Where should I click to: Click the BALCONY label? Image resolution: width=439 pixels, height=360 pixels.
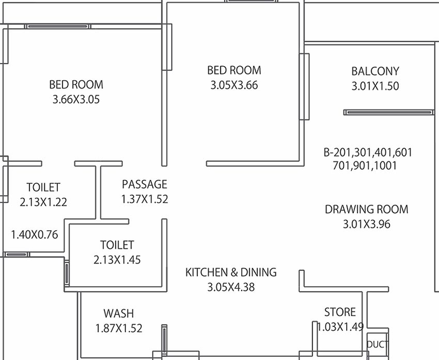(x=375, y=71)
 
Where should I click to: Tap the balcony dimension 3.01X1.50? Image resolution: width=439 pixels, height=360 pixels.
(x=375, y=86)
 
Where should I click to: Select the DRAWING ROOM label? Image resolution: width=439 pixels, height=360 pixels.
(x=366, y=209)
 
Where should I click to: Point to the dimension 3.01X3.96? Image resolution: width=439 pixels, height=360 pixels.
(x=366, y=225)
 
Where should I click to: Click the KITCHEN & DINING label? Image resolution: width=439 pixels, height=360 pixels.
(x=231, y=272)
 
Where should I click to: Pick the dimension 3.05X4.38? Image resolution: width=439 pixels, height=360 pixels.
(x=231, y=287)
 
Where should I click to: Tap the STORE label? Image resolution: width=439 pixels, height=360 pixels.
(x=340, y=312)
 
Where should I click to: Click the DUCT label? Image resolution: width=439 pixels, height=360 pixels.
(x=377, y=345)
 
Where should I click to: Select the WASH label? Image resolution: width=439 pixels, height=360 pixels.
(x=118, y=314)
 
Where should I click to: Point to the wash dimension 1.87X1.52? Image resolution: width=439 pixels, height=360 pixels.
(x=119, y=328)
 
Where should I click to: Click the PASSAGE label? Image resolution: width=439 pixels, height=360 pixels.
(x=144, y=184)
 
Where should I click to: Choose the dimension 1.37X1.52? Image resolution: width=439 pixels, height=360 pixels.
(x=144, y=199)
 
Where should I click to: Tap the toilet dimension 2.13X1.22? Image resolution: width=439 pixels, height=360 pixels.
(x=43, y=202)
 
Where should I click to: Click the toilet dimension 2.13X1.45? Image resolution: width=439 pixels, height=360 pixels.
(x=117, y=260)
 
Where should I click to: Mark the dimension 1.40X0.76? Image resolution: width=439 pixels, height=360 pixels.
(x=34, y=235)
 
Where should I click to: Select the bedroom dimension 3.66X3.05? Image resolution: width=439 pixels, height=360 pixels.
(x=76, y=99)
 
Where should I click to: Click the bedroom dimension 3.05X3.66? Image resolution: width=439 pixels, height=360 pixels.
(x=234, y=85)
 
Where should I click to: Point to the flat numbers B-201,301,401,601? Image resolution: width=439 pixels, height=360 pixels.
(x=368, y=153)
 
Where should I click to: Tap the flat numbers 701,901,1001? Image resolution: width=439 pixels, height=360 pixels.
(x=365, y=166)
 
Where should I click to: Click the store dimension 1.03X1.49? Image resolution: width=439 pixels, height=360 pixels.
(x=340, y=327)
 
